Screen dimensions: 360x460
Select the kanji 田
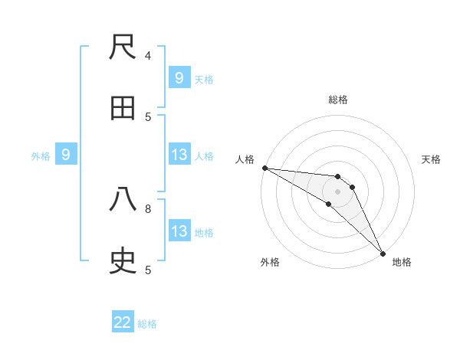(x=123, y=110)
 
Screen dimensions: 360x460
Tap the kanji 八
(x=123, y=200)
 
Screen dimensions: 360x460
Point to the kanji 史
(x=123, y=261)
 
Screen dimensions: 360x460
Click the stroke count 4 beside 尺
(x=148, y=55)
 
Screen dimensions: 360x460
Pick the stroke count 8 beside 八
(x=148, y=208)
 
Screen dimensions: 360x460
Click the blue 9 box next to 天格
(x=179, y=77)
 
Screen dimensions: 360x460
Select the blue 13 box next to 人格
(x=179, y=155)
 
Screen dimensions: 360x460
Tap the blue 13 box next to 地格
(x=179, y=231)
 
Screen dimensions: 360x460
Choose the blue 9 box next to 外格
(x=66, y=155)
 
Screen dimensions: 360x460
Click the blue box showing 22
(x=123, y=322)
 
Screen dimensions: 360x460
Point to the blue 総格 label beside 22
(x=147, y=324)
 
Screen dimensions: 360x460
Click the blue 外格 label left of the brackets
(x=41, y=156)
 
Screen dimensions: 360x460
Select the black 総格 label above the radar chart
(x=338, y=100)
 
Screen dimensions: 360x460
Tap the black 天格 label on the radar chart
(x=432, y=159)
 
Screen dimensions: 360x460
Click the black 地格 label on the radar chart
(x=402, y=262)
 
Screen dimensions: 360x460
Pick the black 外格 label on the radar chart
(x=270, y=262)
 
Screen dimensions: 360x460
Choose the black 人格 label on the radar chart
(x=245, y=159)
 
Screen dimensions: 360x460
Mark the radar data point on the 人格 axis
(x=264, y=168)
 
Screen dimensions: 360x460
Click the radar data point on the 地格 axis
(x=382, y=252)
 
